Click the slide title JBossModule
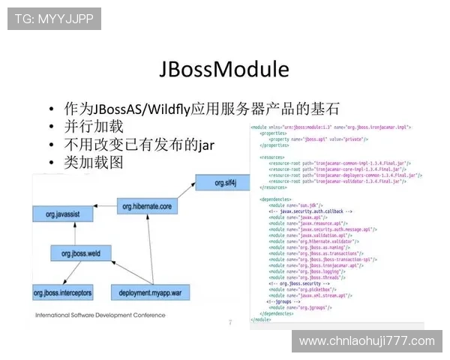point(224,69)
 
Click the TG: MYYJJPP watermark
point(54,19)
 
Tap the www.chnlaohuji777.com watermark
point(367,341)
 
